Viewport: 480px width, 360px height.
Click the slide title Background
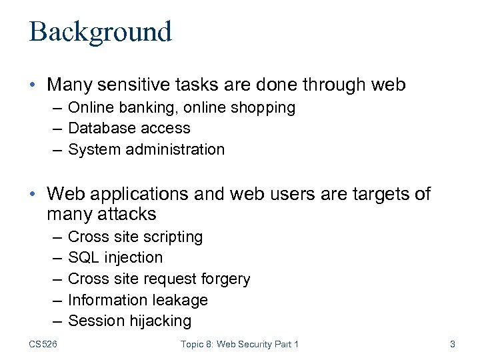100,31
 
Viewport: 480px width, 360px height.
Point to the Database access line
129,128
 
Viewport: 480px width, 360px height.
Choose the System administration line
147,149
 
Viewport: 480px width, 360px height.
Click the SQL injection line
115,257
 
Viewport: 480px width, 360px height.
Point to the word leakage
179,300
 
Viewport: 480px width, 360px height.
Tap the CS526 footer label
43,344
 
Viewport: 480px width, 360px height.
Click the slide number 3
453,344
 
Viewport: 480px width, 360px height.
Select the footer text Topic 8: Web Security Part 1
239,344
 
